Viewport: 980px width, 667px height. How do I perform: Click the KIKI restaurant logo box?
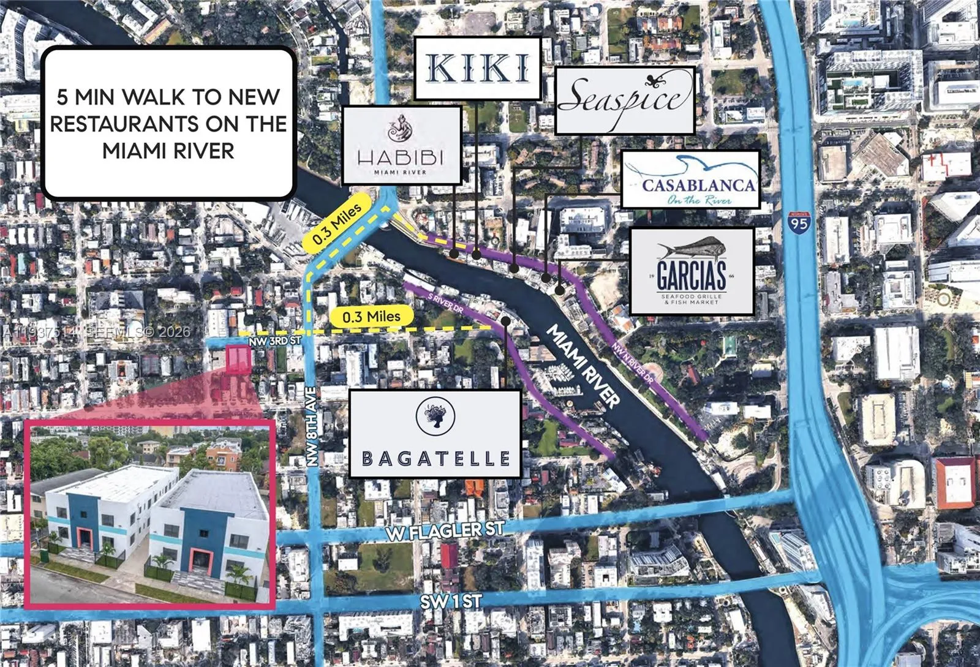coord(478,68)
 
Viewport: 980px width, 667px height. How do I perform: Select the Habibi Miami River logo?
coord(401,145)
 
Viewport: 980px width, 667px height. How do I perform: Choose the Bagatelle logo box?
coord(435,434)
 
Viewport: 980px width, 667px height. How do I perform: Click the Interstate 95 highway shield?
coord(799,220)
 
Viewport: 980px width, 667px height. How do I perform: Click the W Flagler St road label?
coord(445,530)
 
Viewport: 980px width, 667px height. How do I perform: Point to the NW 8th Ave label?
coord(313,427)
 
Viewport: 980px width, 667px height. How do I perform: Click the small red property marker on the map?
coord(239,359)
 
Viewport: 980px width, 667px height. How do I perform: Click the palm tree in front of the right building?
coord(237,574)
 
